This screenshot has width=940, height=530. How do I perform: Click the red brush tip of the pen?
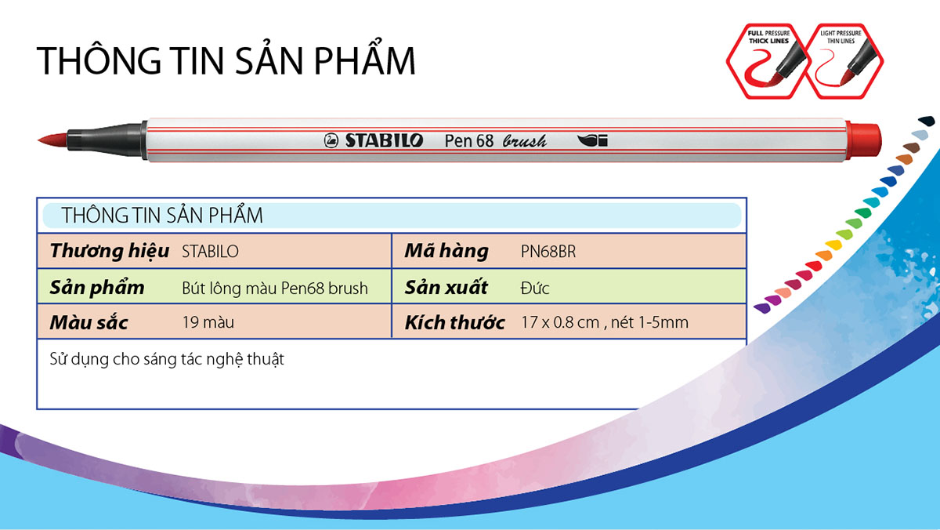[52, 140]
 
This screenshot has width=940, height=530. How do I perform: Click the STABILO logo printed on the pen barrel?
[374, 140]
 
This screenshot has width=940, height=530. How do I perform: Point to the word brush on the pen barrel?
[525, 141]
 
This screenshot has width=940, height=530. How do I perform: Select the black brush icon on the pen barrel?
[592, 140]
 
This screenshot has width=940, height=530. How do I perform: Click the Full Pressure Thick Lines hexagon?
[768, 61]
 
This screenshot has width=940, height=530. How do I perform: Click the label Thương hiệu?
[110, 251]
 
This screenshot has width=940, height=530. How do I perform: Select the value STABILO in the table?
[210, 252]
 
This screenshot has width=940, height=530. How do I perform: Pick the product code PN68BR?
[548, 252]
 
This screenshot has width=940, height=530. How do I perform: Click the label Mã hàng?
[446, 251]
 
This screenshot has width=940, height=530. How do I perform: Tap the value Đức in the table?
[534, 288]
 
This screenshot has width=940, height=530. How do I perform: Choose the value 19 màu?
[208, 322]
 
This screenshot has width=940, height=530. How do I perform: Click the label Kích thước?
[454, 322]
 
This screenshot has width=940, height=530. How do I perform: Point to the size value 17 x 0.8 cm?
[560, 322]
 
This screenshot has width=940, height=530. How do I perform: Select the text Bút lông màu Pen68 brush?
[275, 288]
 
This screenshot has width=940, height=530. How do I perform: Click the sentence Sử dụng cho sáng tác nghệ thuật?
[167, 360]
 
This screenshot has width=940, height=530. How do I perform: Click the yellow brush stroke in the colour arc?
[833, 245]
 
